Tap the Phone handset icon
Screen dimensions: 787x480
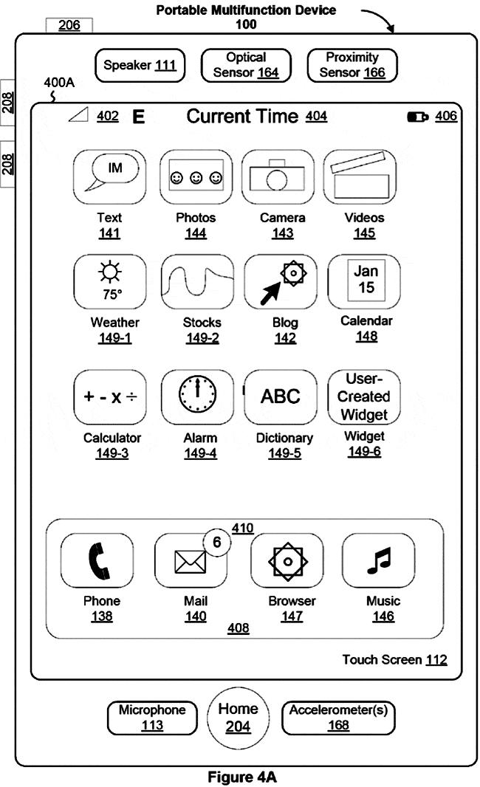tap(97, 562)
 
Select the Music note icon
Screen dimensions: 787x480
tap(380, 562)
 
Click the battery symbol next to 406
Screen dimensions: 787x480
tap(418, 117)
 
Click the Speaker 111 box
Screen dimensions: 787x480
tap(140, 66)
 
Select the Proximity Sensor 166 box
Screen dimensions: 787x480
tap(352, 65)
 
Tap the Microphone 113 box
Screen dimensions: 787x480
tap(152, 718)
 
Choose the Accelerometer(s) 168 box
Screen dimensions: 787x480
tap(338, 718)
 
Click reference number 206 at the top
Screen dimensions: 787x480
tap(69, 25)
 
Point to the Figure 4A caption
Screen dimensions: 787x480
tap(241, 777)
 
